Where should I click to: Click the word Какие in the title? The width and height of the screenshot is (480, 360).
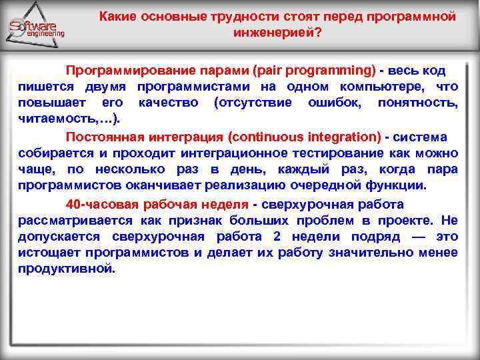[119, 16]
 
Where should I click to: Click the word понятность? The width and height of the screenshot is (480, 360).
[417, 103]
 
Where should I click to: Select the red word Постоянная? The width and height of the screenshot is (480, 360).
[105, 137]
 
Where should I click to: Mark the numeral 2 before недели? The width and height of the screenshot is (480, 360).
[277, 236]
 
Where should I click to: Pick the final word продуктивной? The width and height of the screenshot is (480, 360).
[66, 269]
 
